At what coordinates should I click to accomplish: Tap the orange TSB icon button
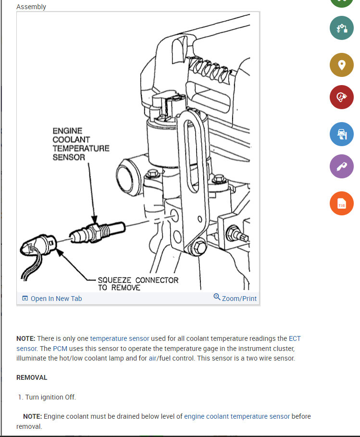[341, 203]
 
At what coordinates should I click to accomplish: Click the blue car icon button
[341, 134]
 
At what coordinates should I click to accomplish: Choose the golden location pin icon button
[341, 64]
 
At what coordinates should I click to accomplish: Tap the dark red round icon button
[341, 98]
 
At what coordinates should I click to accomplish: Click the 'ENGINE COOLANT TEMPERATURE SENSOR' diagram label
[80, 144]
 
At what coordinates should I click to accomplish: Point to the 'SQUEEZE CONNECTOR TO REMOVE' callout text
[137, 284]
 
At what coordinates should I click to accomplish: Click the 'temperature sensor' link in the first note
[120, 338]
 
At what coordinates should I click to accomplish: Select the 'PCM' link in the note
[60, 348]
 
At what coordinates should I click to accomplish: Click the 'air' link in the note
[153, 358]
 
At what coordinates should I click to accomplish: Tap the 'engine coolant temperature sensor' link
[237, 416]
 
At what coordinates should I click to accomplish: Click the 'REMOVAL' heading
[32, 377]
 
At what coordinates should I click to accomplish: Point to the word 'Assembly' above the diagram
[31, 7]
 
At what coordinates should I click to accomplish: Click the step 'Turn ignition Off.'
[50, 397]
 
